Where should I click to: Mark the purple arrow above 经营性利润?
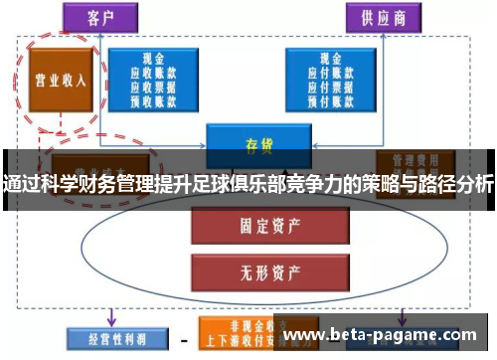pyautogui.click(x=110, y=316)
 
